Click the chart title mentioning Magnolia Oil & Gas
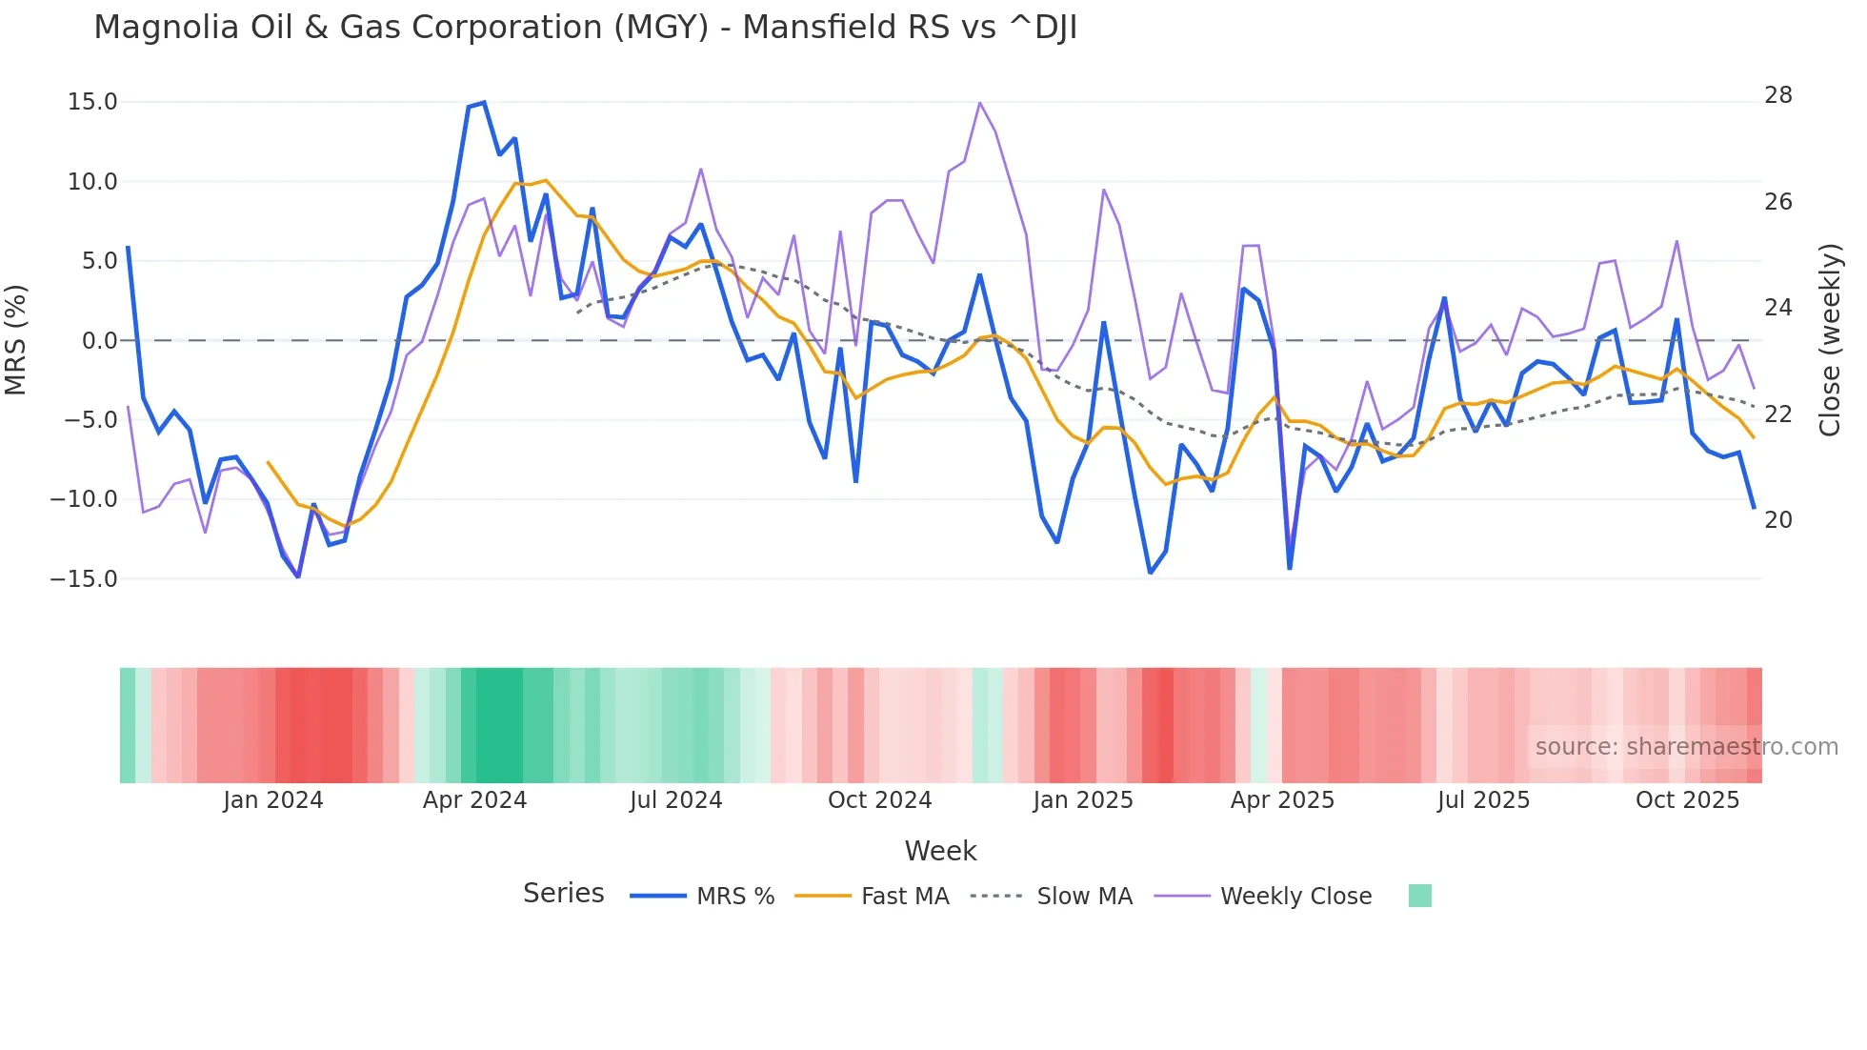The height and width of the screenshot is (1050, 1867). [585, 28]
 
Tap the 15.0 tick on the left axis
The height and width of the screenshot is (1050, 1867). [92, 102]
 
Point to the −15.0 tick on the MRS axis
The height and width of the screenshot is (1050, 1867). [84, 579]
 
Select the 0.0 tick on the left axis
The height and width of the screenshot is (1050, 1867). [99, 341]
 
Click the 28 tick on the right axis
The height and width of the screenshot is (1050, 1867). [1777, 95]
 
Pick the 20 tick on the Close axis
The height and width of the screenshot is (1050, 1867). [1777, 520]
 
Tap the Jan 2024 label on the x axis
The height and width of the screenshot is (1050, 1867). [273, 800]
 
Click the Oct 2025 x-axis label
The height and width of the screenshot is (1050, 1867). [1687, 800]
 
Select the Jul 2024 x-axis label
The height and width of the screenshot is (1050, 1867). [675, 800]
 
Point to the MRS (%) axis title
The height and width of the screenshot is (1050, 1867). [16, 340]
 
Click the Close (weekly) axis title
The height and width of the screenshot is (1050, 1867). [1830, 340]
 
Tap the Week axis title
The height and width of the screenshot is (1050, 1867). [940, 851]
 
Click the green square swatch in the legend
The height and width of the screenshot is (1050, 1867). [1419, 896]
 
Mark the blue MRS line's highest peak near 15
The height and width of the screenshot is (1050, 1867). [484, 103]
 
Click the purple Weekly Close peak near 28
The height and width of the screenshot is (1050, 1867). [979, 103]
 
